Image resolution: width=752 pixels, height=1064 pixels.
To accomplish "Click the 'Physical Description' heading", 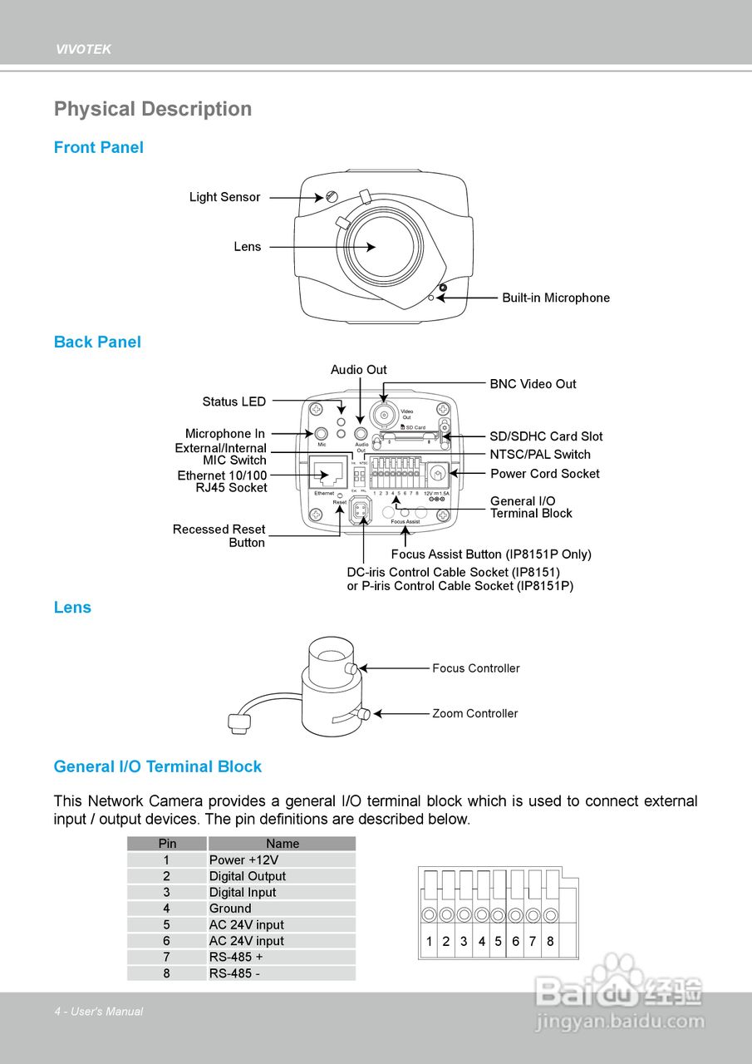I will (153, 109).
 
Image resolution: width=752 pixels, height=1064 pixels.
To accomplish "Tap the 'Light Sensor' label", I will (224, 197).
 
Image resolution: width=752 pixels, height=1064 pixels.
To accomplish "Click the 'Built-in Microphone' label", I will (555, 298).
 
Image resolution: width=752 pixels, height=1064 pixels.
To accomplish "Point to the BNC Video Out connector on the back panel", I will (384, 413).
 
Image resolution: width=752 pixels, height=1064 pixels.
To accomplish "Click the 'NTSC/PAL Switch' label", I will (540, 454).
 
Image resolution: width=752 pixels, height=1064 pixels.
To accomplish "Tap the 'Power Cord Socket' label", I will (544, 473).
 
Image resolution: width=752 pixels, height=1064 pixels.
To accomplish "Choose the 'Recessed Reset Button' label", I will (219, 535).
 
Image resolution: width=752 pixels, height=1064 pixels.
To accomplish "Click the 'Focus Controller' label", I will (475, 668).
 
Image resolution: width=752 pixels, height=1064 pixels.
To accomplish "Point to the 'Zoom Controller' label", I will (474, 713).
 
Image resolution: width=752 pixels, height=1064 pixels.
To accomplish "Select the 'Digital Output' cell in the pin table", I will (248, 876).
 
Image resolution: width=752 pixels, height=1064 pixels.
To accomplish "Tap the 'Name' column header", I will (283, 844).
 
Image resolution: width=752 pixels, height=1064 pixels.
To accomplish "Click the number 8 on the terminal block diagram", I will (550, 942).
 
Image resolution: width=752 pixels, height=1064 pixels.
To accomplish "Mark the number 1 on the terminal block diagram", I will (429, 942).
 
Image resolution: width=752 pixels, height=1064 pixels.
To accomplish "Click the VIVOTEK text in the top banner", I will (83, 50).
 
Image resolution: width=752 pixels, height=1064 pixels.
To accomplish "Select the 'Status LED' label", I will (234, 401).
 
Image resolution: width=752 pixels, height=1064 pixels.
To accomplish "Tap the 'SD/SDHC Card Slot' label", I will (546, 436).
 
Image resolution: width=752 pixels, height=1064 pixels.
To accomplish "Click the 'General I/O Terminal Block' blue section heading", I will (158, 766).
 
